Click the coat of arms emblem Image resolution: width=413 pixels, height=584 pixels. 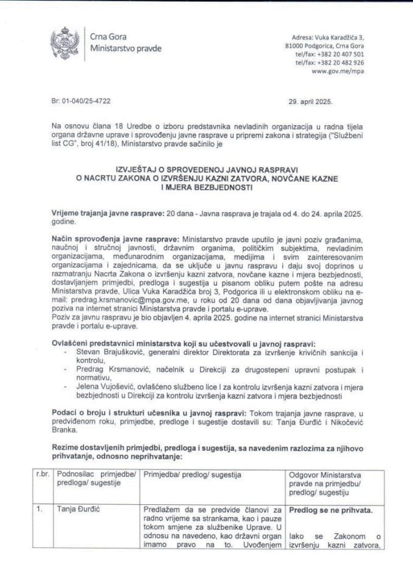64,42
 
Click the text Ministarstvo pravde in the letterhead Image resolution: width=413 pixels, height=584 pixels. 125,48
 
